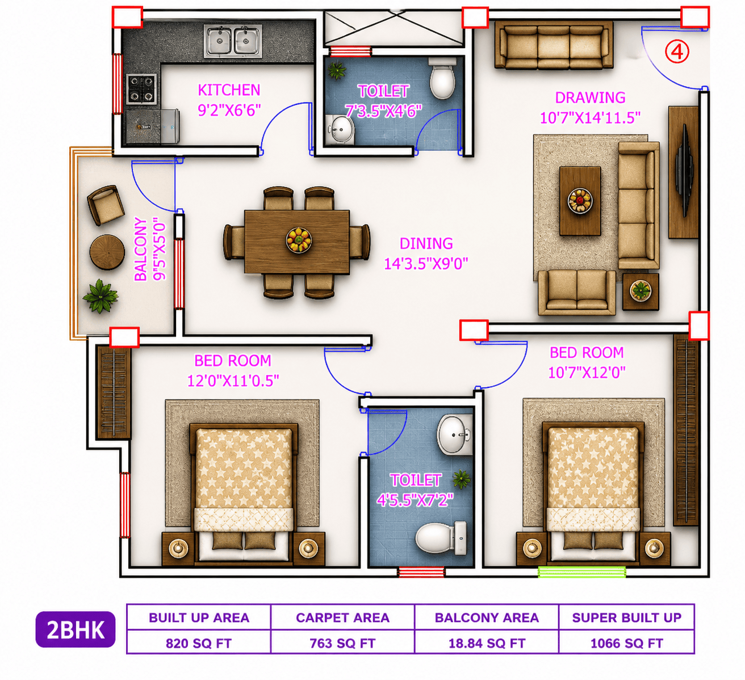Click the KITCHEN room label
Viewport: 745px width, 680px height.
(229, 90)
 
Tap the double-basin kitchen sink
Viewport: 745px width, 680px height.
(233, 41)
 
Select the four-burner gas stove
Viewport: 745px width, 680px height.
(141, 89)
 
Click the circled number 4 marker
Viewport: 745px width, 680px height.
(677, 52)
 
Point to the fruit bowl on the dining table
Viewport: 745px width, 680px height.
(299, 240)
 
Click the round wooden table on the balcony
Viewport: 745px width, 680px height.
(107, 252)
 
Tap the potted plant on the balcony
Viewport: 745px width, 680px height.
(101, 296)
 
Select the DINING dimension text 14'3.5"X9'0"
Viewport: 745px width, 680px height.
(426, 264)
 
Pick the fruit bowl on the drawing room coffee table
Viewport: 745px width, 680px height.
(580, 201)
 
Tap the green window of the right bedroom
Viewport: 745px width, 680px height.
(582, 572)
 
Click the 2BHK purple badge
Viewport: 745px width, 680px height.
(76, 629)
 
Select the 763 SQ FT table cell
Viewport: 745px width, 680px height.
(342, 643)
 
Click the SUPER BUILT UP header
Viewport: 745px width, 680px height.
(626, 618)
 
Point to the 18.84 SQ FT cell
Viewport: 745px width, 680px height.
(487, 643)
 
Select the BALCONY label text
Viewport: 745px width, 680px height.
(140, 249)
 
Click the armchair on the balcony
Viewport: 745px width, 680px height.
(106, 205)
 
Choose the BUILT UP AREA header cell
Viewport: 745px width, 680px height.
(199, 617)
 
